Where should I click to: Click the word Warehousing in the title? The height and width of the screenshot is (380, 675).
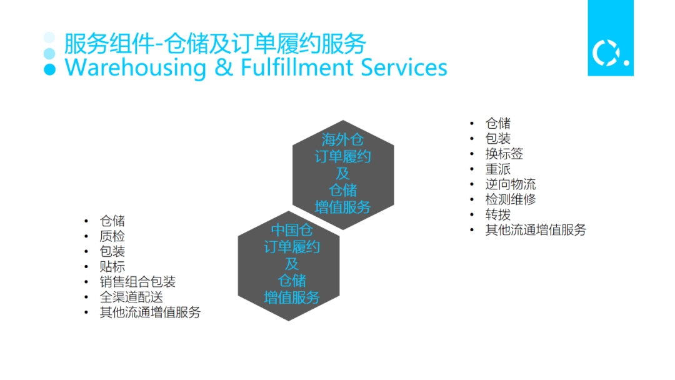[136, 67]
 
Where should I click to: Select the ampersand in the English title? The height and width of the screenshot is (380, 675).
[223, 67]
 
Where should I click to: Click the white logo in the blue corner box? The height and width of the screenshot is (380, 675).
[610, 54]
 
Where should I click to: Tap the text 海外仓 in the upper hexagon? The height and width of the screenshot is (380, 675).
[342, 139]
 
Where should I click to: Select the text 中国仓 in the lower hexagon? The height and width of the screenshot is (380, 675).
[292, 230]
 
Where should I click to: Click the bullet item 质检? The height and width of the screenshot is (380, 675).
[112, 236]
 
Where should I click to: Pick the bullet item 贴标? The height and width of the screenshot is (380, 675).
[112, 267]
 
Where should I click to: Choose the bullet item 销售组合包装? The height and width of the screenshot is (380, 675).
[137, 282]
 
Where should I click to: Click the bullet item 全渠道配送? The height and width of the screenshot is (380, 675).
[131, 297]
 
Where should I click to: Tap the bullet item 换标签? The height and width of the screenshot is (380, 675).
[504, 154]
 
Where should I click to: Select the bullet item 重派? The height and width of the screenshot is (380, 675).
[498, 169]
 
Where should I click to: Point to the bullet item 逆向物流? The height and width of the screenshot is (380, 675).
[511, 184]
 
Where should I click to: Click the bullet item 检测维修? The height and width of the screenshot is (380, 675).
[511, 199]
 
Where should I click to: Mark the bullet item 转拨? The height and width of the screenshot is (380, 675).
[498, 215]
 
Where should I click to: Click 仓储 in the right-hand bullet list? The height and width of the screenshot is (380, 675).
[498, 123]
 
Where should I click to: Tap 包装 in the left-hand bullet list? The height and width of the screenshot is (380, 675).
[112, 251]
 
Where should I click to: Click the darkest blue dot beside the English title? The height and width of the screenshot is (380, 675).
[49, 69]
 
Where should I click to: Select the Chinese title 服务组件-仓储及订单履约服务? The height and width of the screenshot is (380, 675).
[215, 44]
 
